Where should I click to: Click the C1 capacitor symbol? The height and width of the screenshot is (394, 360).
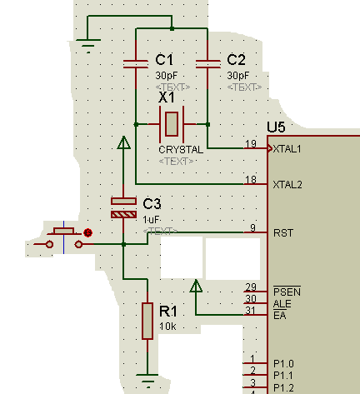(x=136, y=64)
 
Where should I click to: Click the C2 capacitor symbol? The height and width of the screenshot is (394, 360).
(x=208, y=64)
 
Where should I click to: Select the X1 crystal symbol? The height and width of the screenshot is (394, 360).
(x=172, y=124)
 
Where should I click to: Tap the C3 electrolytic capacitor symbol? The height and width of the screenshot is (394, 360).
(x=123, y=207)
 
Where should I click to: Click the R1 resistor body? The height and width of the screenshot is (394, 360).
(x=147, y=321)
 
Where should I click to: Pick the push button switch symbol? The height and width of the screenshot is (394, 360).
(x=64, y=237)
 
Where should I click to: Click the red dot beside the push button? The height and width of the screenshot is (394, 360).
(x=88, y=232)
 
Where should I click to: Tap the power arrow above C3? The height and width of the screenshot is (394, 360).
(x=123, y=142)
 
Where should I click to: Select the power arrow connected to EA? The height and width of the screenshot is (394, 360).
(x=196, y=286)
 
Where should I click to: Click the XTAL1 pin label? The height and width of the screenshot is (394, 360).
(x=287, y=149)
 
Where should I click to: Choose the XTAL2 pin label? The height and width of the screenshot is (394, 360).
(x=287, y=185)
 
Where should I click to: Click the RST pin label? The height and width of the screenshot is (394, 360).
(x=283, y=233)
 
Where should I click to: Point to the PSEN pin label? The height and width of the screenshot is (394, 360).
(x=287, y=292)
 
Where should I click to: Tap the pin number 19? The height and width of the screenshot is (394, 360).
(x=251, y=143)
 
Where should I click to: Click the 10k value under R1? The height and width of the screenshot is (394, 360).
(x=167, y=327)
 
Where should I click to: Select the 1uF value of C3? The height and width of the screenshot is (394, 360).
(x=151, y=220)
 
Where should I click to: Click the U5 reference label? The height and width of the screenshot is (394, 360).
(x=276, y=127)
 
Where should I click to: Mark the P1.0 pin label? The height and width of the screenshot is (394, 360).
(x=283, y=364)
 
